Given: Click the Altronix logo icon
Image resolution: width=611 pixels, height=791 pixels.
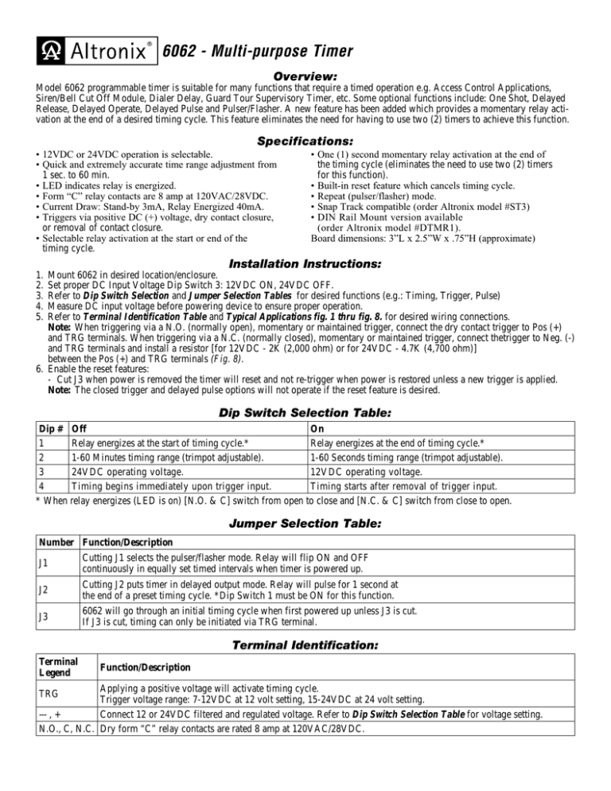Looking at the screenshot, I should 50,53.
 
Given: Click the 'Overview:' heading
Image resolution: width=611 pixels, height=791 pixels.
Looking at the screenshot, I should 305,75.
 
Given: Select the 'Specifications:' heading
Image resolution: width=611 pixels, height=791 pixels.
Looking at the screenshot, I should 305,138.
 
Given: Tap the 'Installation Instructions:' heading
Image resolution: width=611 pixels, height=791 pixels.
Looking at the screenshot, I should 305,263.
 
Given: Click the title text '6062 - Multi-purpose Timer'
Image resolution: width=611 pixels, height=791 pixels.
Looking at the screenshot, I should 258,53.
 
